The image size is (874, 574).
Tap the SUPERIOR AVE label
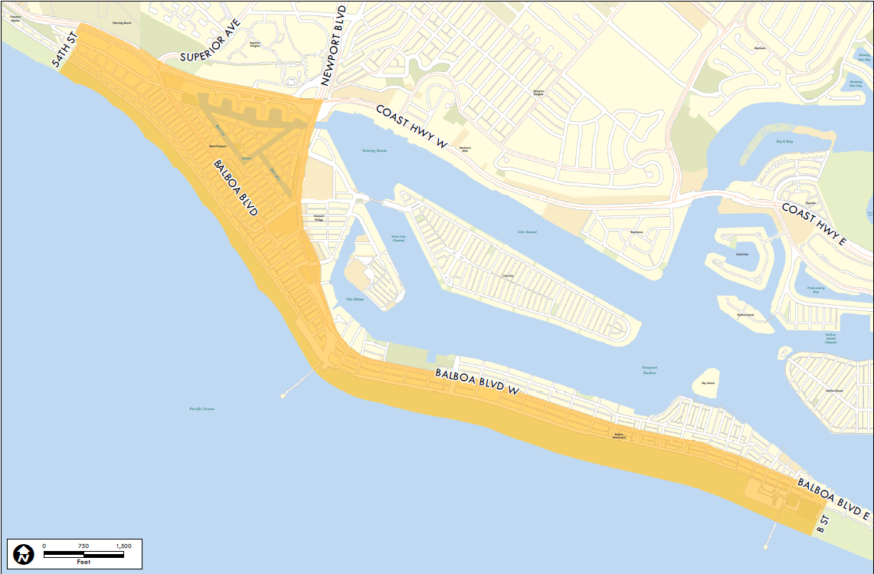210,41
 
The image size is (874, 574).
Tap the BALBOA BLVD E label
833,500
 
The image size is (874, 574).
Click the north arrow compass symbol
24,553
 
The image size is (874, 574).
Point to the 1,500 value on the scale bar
123,546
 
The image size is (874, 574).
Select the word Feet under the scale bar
83,562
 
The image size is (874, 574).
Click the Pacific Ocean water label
202,409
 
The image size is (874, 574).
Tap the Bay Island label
708,383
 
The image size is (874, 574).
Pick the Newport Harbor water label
650,370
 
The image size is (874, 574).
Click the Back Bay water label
783,142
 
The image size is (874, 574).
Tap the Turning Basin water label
375,150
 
